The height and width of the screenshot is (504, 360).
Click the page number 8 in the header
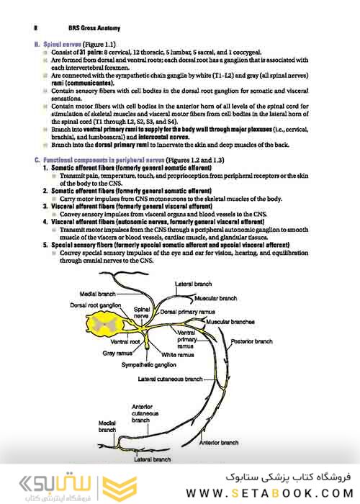[x=35, y=27]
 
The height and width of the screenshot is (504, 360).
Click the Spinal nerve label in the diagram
[x=143, y=312]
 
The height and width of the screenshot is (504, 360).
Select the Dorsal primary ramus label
[x=188, y=311]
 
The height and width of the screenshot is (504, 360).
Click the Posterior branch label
[x=252, y=341]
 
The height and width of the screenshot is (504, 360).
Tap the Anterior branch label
[x=218, y=442]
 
